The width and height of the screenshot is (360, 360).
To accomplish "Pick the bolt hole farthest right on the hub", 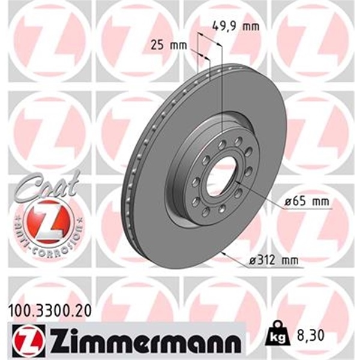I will point(248,172).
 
